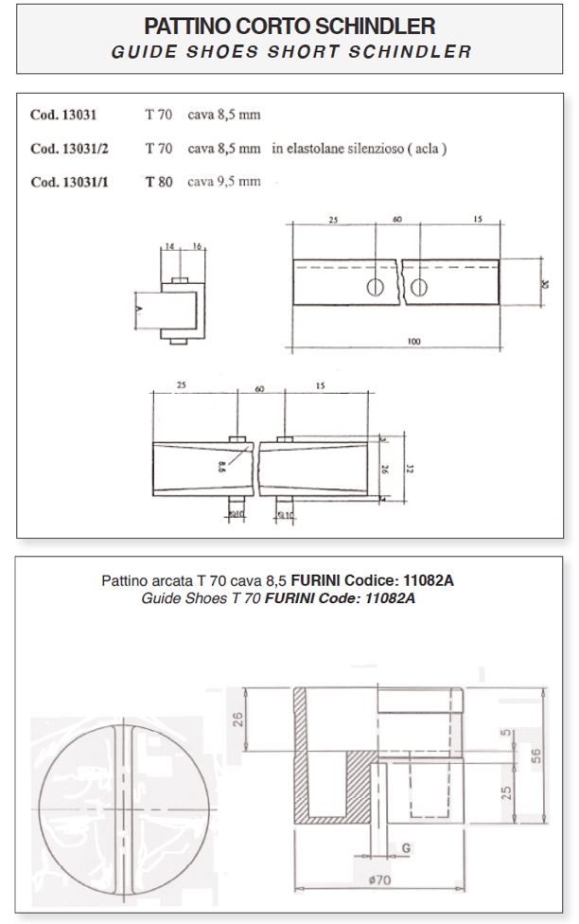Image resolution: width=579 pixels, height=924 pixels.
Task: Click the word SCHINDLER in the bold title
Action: coord(367,25)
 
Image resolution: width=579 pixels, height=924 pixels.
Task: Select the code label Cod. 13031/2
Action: coord(69,149)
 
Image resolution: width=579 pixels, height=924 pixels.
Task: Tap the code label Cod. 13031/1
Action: coord(69,182)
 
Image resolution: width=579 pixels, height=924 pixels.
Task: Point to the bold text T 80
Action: coord(158,182)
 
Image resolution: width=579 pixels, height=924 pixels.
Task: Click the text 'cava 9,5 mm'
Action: coord(224,182)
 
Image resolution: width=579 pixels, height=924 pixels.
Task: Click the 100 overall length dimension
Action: coord(414,342)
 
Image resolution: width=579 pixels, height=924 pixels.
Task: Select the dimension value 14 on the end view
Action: coord(169,245)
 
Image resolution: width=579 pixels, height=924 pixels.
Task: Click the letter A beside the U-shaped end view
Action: coord(138,310)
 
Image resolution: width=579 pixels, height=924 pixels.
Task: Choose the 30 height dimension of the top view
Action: coord(545,283)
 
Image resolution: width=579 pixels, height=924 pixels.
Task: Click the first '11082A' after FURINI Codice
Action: coord(429,580)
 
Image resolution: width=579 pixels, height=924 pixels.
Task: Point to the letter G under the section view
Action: coord(404,848)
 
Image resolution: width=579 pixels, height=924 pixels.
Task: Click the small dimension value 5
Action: coord(508,732)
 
